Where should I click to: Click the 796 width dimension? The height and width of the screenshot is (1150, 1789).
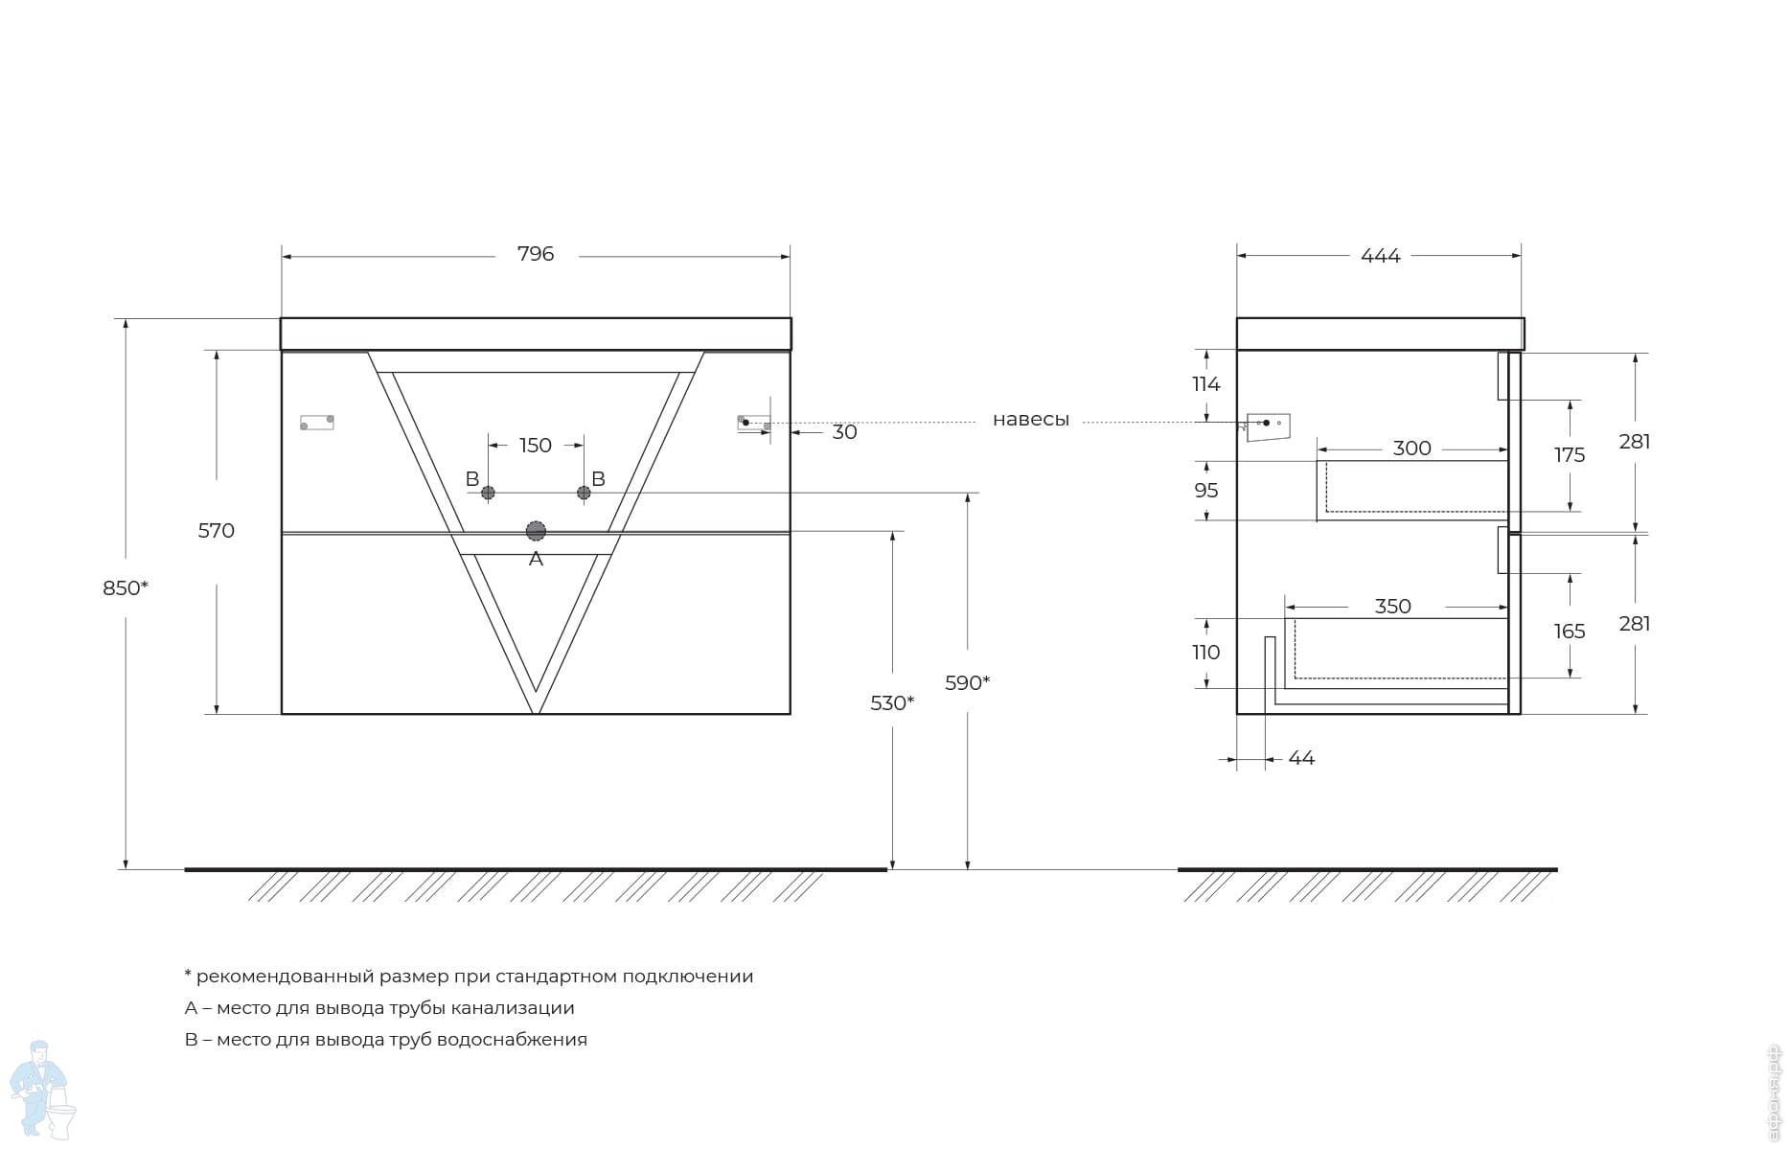(x=536, y=254)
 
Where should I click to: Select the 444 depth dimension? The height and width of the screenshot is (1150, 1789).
(x=1381, y=256)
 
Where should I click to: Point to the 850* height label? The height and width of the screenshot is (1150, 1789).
(x=126, y=587)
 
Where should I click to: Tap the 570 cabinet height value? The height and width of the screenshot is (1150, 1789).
(x=217, y=530)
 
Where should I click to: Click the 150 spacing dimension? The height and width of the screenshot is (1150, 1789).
(x=536, y=445)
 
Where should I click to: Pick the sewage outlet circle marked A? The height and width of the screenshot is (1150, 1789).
(x=536, y=531)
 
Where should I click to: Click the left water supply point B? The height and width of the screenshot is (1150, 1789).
(x=488, y=493)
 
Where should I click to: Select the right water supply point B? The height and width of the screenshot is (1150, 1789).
(x=584, y=493)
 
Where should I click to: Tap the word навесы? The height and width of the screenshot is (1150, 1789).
(x=1031, y=420)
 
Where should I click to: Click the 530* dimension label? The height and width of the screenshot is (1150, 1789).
(x=892, y=702)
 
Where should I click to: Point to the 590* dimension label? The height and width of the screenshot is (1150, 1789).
(x=967, y=682)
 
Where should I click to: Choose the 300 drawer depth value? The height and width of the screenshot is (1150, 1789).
(x=1412, y=448)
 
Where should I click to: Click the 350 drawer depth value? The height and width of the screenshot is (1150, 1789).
(x=1393, y=607)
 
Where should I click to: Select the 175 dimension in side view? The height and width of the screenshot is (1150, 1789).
(x=1570, y=455)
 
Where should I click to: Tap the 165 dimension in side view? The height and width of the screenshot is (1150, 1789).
(x=1570, y=632)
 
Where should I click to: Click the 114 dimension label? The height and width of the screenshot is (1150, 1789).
(x=1206, y=384)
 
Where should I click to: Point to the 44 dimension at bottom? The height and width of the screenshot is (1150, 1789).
(x=1301, y=758)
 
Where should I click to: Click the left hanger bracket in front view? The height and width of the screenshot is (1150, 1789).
(x=317, y=422)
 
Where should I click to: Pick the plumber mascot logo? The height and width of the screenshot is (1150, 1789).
(x=42, y=1090)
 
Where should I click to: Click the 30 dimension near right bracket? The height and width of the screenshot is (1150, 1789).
(x=844, y=432)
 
